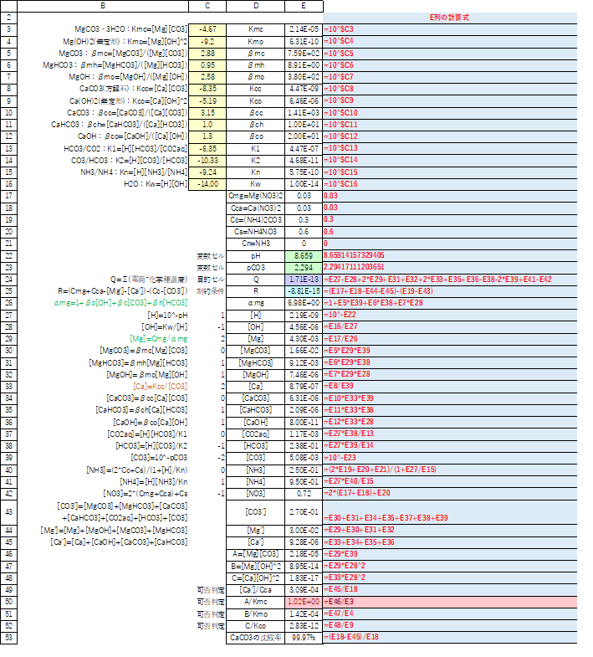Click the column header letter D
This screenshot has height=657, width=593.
[x=255, y=6]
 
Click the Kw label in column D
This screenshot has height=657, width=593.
[x=255, y=183]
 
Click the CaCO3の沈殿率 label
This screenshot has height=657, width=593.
[x=255, y=637]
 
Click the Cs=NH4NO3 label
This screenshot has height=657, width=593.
[x=255, y=231]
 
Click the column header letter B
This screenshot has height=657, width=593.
[x=102, y=6]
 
